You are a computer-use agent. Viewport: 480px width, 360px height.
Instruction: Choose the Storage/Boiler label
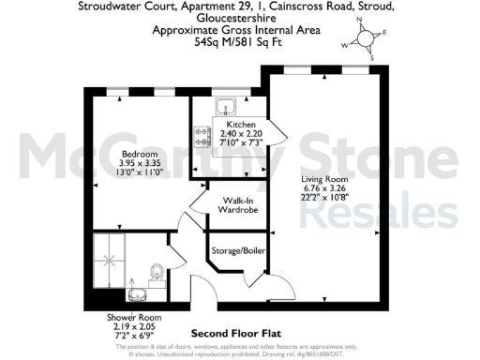(x=234, y=249)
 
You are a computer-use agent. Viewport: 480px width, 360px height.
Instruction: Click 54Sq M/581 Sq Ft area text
(x=239, y=42)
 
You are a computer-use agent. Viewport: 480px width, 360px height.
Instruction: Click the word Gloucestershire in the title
(x=239, y=20)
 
